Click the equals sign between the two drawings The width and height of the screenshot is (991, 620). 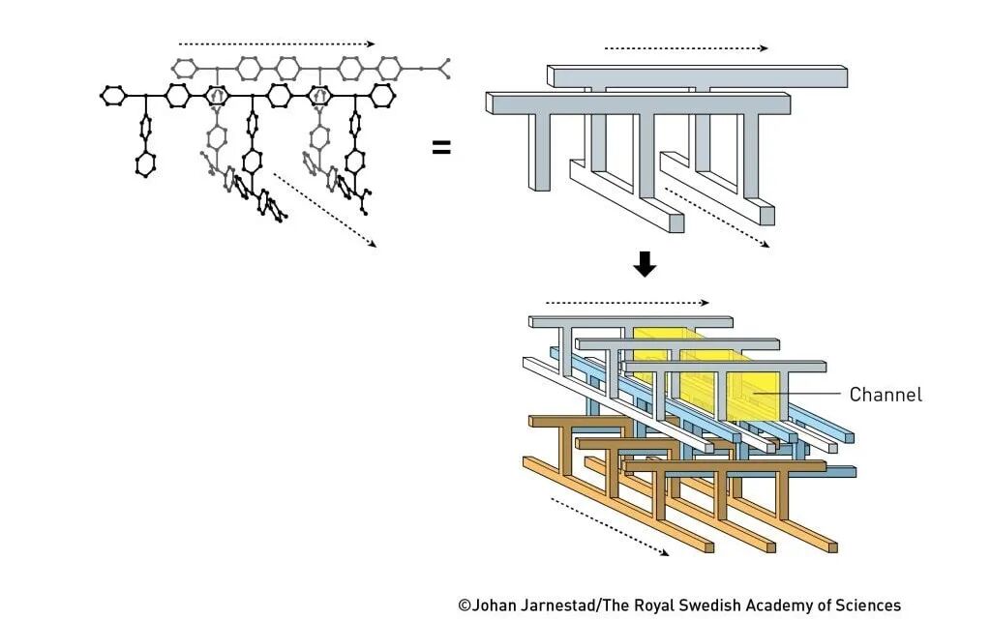click(x=441, y=148)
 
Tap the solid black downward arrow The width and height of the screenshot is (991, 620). click(x=645, y=264)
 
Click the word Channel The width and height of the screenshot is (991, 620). click(x=886, y=395)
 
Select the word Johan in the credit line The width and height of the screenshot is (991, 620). click(x=496, y=605)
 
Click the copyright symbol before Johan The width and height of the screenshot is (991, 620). click(x=465, y=605)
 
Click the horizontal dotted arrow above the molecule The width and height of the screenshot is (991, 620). click(x=277, y=44)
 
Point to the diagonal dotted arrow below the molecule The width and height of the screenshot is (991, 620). click(x=323, y=210)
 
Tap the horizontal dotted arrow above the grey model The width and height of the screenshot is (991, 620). click(x=685, y=47)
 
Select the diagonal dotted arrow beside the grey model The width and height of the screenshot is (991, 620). click(x=717, y=218)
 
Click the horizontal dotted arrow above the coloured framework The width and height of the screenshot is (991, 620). click(x=627, y=302)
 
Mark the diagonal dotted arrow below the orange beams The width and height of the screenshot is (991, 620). click(x=609, y=527)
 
